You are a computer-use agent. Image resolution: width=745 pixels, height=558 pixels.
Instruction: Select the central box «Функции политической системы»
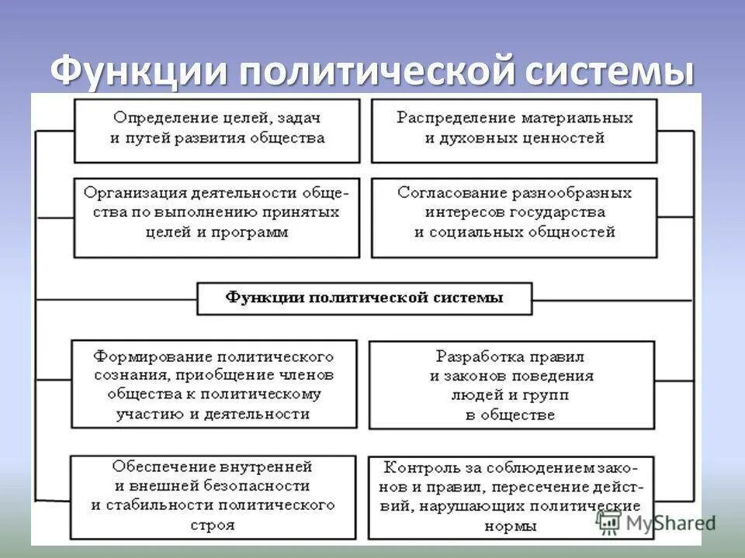click(x=365, y=298)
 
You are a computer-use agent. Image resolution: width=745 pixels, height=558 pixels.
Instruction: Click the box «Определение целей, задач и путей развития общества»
click(x=217, y=129)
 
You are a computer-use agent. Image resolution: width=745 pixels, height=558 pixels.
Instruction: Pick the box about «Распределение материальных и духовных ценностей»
click(x=515, y=129)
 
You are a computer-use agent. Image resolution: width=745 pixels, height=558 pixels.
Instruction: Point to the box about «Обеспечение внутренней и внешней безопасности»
click(x=213, y=496)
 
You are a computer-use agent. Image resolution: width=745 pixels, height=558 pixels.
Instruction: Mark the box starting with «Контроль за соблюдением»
click(x=511, y=496)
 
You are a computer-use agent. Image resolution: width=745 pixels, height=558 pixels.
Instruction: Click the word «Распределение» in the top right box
click(x=445, y=119)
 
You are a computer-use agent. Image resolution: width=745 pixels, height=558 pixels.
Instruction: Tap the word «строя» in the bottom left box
click(x=212, y=525)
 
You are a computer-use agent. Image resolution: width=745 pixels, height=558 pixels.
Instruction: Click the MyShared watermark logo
click(x=657, y=522)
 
